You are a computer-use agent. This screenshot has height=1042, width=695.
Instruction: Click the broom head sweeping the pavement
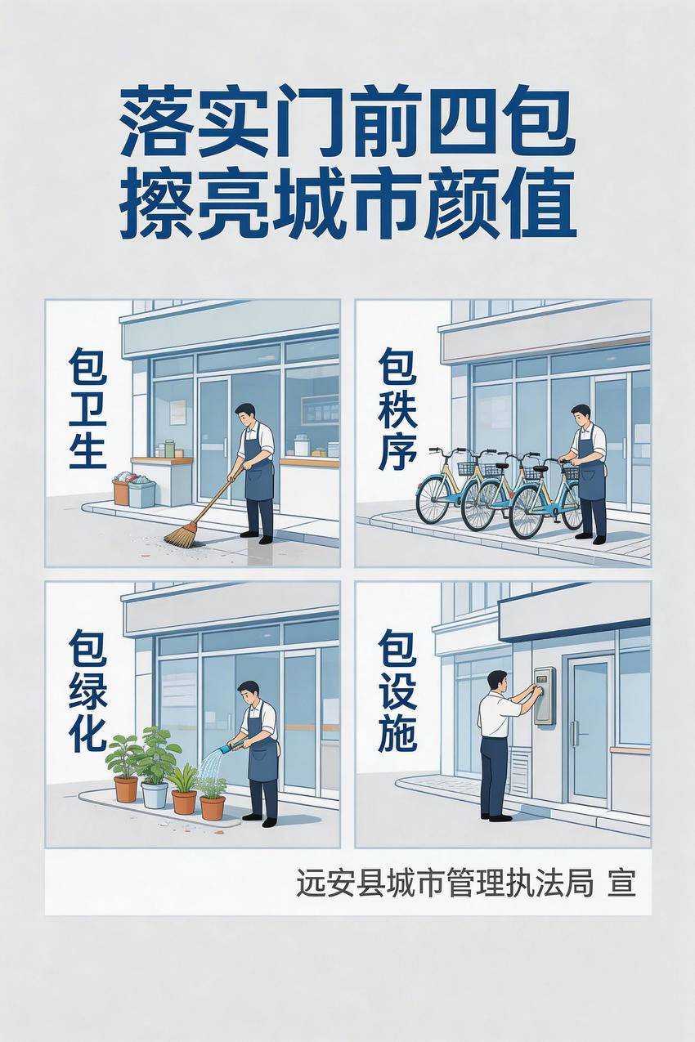[x=183, y=534]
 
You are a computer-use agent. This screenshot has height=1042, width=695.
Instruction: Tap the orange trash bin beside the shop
[x=121, y=492]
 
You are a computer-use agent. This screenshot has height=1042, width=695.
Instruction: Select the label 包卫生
[x=87, y=409]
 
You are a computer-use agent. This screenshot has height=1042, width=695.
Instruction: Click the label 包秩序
[x=397, y=409]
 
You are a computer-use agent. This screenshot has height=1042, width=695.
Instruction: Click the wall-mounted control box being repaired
[x=545, y=696]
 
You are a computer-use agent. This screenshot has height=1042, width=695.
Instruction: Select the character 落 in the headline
[x=157, y=122]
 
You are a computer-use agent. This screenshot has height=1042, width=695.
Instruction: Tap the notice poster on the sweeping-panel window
[x=177, y=412]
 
